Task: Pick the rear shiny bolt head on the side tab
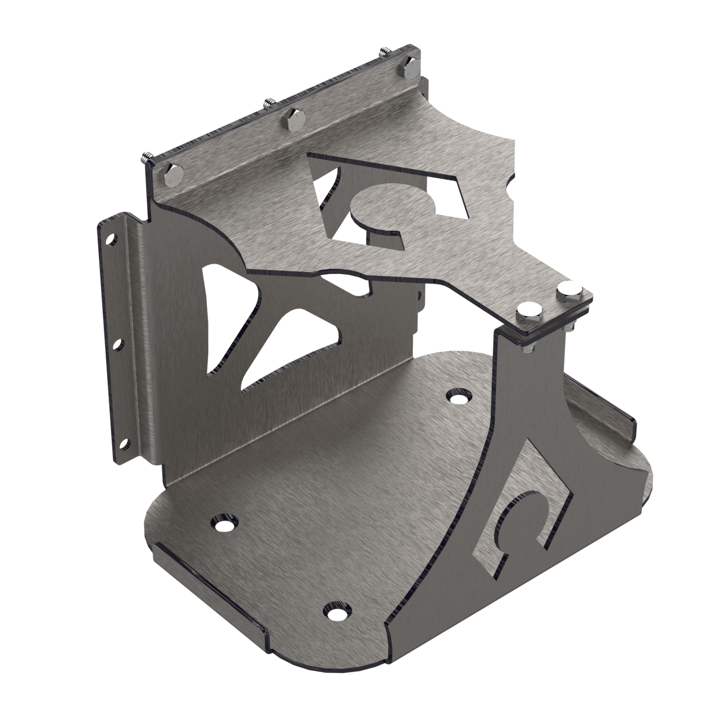coord(567,288)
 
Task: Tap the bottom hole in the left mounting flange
coord(123,443)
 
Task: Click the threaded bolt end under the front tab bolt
coord(528,347)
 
